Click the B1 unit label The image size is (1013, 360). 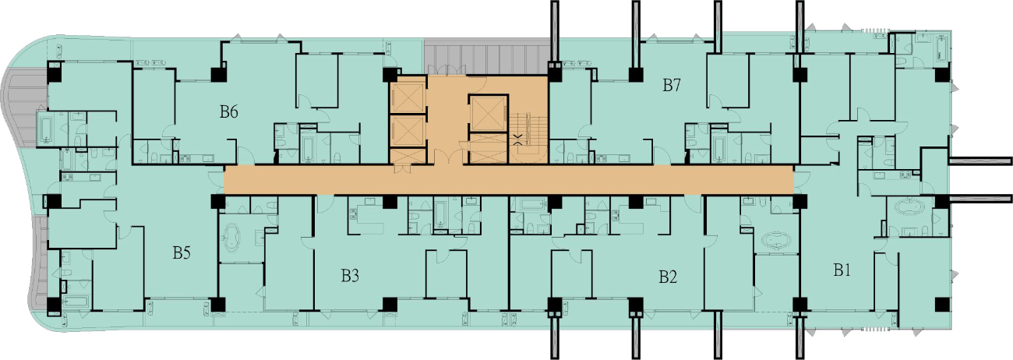(842, 270)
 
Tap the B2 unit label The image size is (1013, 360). (668, 277)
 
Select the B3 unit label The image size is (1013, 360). (350, 275)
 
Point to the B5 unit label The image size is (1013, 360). (182, 252)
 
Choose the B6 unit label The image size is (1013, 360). (229, 111)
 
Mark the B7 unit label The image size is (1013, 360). (672, 85)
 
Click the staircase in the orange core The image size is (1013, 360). (528, 138)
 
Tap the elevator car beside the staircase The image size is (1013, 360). (489, 113)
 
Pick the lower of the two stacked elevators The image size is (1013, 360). (408, 131)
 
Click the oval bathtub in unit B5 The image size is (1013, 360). (232, 237)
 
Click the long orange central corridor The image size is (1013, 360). (509, 180)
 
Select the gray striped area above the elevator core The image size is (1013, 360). (486, 57)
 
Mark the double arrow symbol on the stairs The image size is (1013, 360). (519, 139)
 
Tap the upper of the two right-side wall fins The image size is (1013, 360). (979, 160)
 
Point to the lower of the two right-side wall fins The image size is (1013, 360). (979, 198)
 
